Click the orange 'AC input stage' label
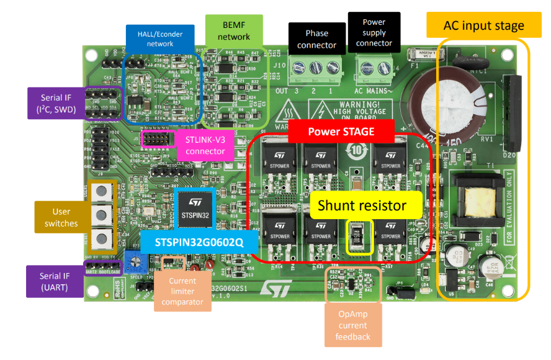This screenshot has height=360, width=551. click(483, 26)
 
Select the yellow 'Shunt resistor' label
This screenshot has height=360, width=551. click(362, 206)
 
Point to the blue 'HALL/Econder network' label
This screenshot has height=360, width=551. click(160, 38)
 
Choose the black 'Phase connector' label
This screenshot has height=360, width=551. click(316, 38)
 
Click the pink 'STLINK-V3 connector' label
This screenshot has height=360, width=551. click(205, 145)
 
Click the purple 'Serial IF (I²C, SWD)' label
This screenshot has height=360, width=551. click(55, 103)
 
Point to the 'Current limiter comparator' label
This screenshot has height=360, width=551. click(182, 292)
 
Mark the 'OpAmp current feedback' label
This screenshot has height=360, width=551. click(353, 325)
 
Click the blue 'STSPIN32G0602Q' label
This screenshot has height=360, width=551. click(199, 243)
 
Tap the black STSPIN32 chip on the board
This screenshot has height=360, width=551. click(194, 209)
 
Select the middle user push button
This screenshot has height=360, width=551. click(99, 215)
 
